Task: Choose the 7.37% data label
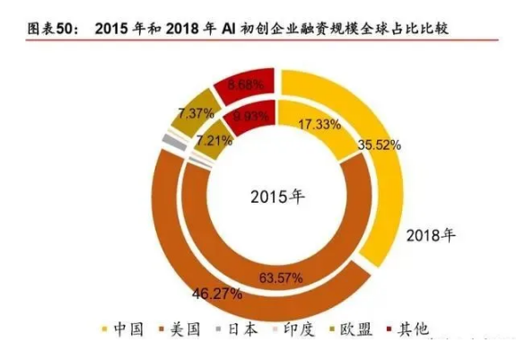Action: click(195, 113)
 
